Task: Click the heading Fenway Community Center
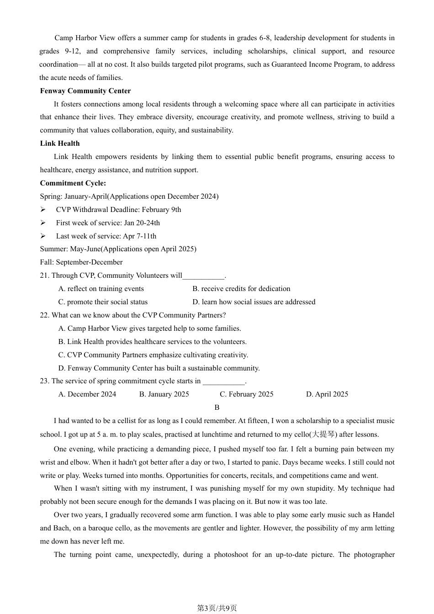point(85,91)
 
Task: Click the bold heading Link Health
point(60,143)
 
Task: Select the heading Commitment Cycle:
point(73,183)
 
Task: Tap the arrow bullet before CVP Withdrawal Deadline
point(43,210)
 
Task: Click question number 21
point(44,275)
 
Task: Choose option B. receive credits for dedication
point(241,289)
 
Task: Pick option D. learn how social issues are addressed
point(254,302)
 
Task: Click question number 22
point(44,315)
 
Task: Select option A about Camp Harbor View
point(150,328)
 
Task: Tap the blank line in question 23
point(224,381)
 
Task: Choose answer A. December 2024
point(87,394)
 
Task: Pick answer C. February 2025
point(247,394)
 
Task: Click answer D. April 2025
point(327,394)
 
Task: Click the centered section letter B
point(217,408)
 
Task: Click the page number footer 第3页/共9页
point(217,608)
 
